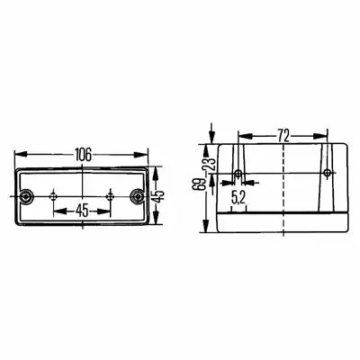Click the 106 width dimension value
click(x=83, y=155)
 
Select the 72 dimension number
click(x=283, y=136)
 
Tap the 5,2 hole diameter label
click(x=238, y=198)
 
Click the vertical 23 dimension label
click(x=211, y=164)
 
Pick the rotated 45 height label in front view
click(x=159, y=195)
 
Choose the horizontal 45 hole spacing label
click(x=82, y=211)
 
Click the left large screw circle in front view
click(x=25, y=196)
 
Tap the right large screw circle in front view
click(x=138, y=196)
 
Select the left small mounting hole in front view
click(x=54, y=196)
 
